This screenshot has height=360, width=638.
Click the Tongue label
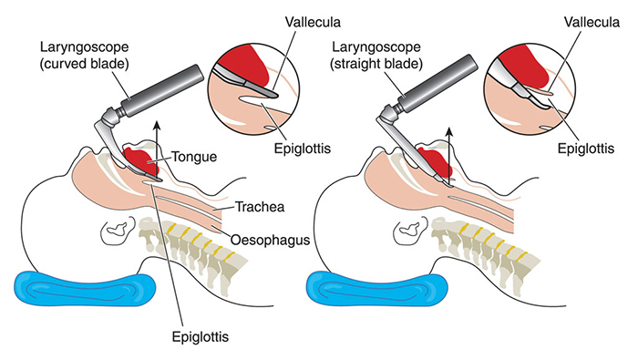[192, 157]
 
